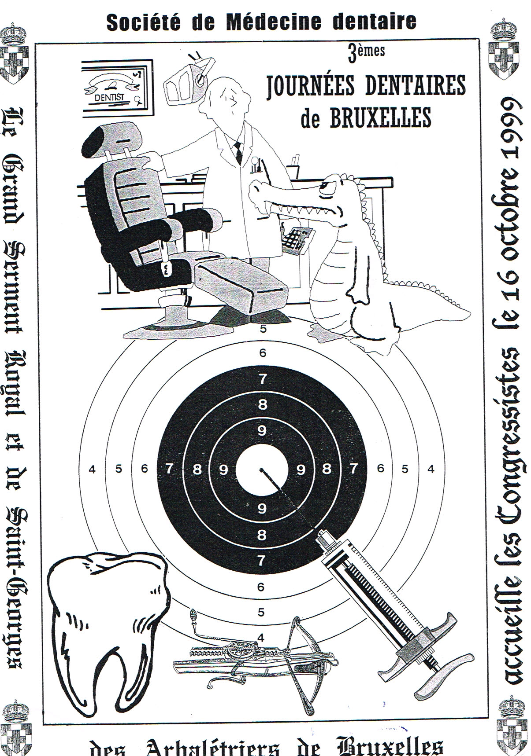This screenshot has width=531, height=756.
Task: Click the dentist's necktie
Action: (238, 151)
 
